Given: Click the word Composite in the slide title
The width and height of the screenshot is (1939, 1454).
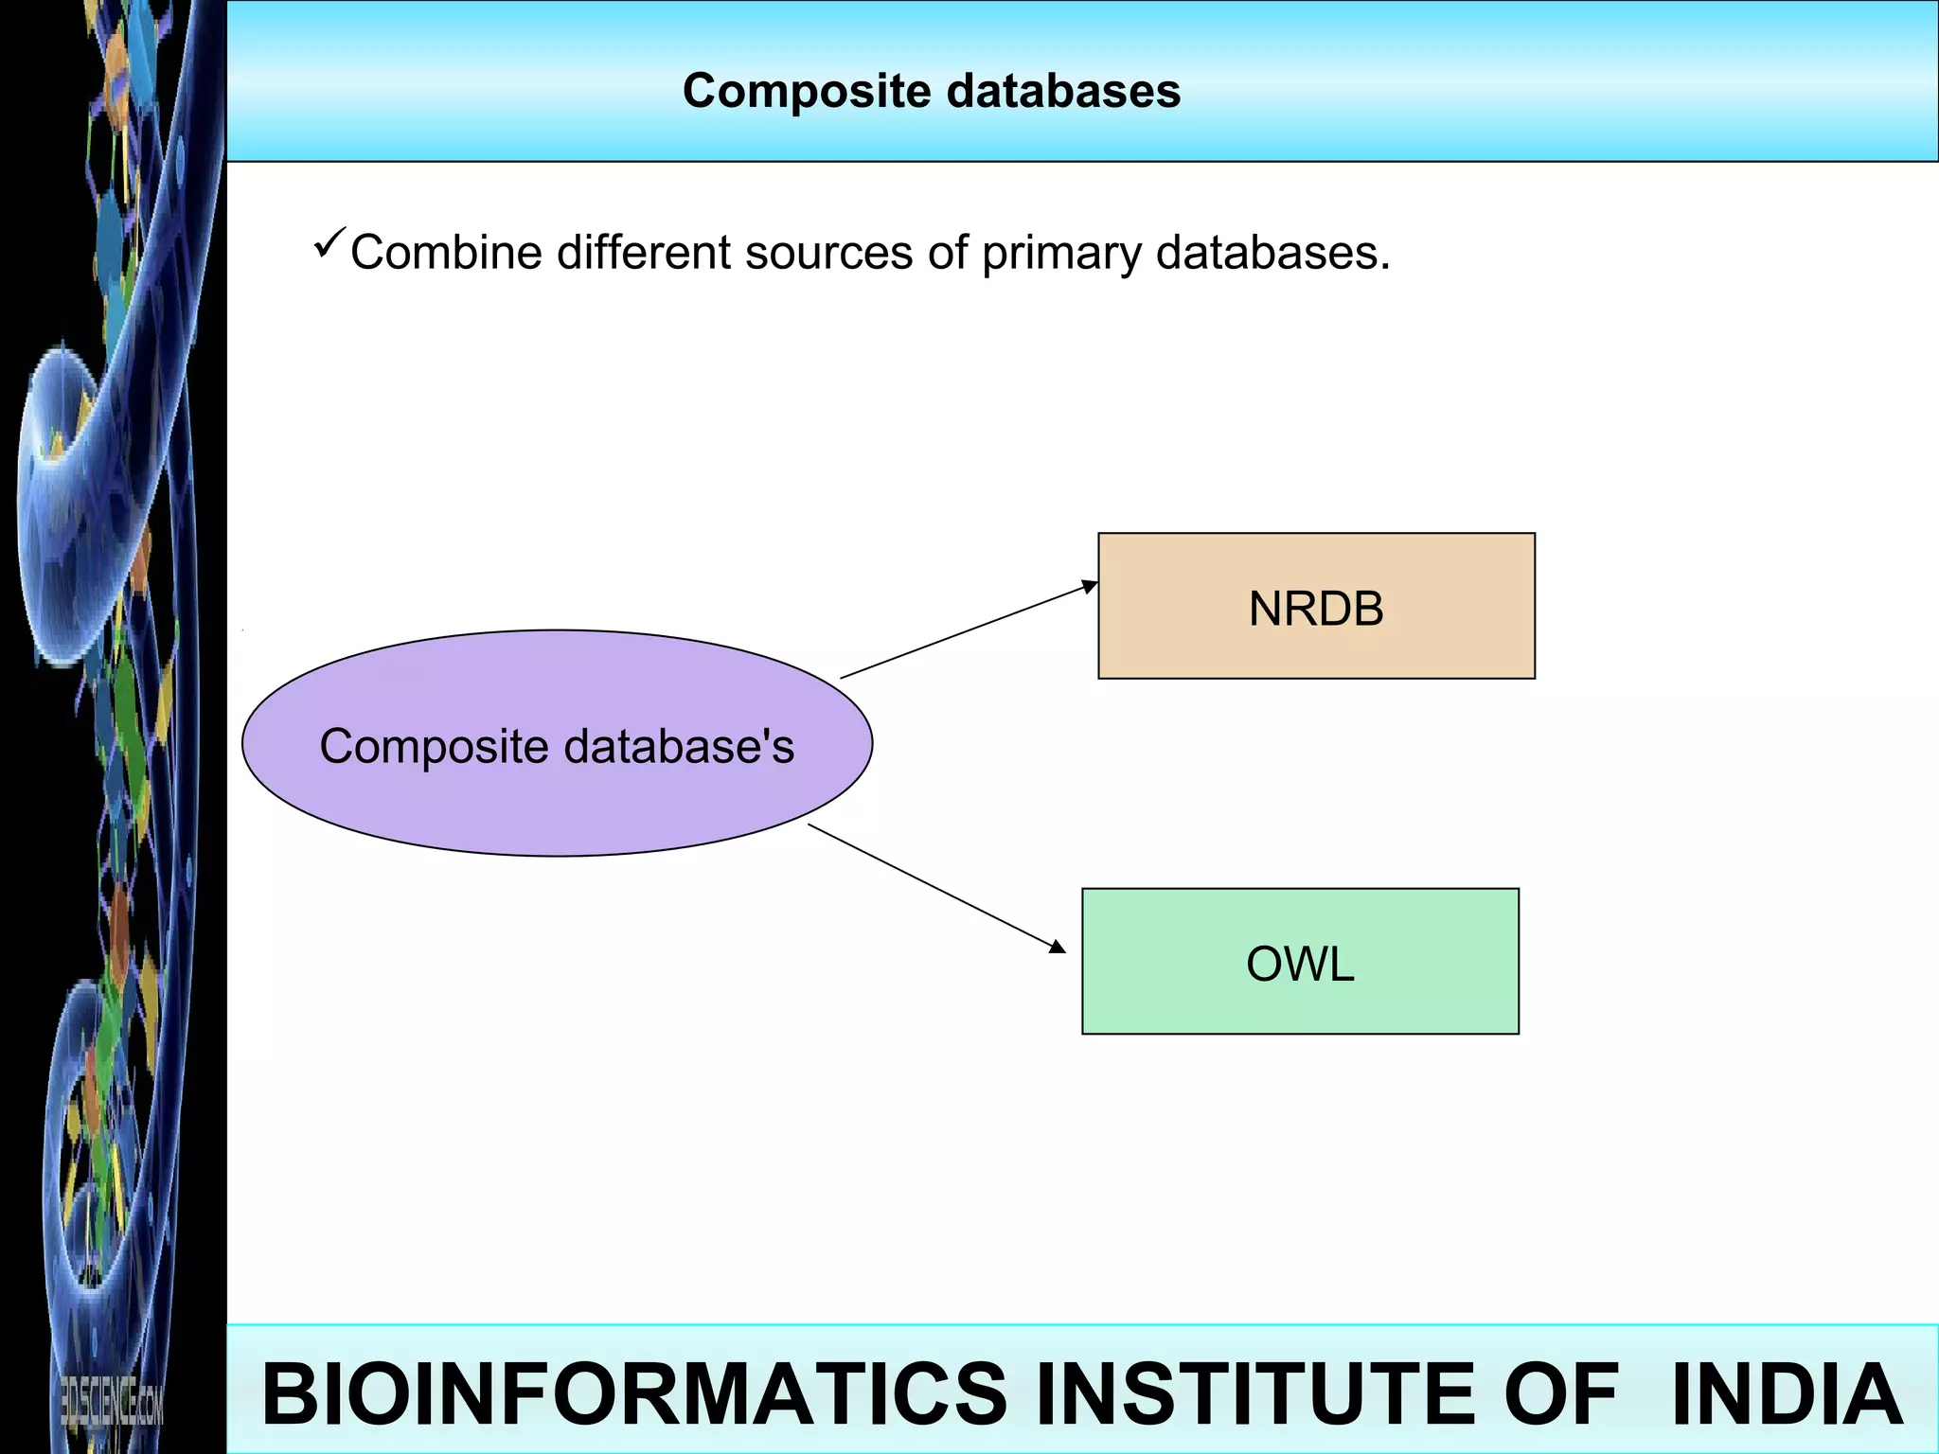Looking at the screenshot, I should pos(807,92).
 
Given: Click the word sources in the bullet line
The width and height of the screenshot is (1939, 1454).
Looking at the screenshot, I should pos(828,253).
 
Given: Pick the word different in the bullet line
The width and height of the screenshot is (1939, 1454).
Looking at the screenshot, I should pos(644,253).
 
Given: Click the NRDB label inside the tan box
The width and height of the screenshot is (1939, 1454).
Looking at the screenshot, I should pos(1315,609).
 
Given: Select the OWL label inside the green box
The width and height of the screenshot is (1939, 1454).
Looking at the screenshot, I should pos(1299,964).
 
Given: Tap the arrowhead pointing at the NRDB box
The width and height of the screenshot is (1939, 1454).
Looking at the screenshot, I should pos(1090,587).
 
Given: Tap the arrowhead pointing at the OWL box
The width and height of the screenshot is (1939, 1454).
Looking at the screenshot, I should pos(1058,946).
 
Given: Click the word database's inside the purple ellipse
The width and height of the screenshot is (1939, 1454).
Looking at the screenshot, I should pos(679,746).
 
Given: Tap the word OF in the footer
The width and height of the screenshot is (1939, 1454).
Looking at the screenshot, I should pos(1560,1393).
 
